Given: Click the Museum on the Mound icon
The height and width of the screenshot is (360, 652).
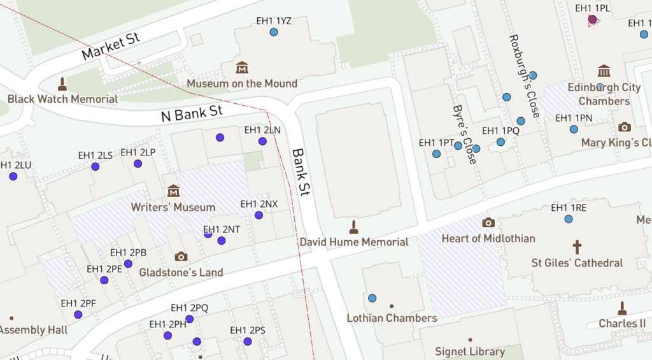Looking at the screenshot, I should [x=242, y=68].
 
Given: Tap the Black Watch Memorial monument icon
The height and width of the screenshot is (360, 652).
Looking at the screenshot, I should [x=62, y=83].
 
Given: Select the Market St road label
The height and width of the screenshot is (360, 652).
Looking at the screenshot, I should [x=110, y=47].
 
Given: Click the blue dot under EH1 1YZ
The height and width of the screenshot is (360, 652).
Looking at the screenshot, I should [x=274, y=32].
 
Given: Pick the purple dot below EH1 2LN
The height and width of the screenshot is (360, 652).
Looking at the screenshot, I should [x=262, y=141].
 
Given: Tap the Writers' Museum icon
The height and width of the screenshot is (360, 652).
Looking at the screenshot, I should [x=173, y=191].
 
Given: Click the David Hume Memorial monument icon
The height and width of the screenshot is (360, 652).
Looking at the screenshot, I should [x=354, y=226].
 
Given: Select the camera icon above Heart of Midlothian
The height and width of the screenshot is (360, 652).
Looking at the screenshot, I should [x=488, y=222].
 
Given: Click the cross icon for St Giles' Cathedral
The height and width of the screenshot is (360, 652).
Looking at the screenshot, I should [x=577, y=247].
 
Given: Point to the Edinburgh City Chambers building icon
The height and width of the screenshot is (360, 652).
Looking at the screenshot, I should [x=604, y=71].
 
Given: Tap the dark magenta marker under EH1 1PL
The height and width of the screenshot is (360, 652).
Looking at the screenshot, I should [x=593, y=20].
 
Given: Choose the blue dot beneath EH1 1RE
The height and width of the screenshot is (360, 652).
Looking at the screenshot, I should [x=569, y=219].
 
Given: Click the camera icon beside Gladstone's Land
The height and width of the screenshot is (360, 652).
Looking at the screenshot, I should [x=181, y=257].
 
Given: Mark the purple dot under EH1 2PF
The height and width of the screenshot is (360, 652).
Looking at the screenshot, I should [x=78, y=315].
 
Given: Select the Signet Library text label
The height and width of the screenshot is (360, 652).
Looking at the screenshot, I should [x=470, y=351].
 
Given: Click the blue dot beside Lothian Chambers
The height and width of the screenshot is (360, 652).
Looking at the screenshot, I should [x=372, y=298].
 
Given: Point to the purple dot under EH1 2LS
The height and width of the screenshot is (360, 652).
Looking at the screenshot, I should [x=96, y=167].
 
